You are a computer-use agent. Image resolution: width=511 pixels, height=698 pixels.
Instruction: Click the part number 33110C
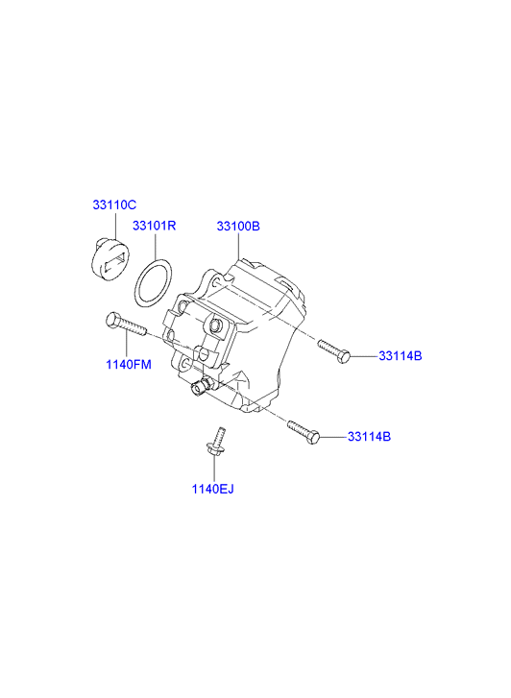114,205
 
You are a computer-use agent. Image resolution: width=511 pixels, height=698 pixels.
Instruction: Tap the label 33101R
154,226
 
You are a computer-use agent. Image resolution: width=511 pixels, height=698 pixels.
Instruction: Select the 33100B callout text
238,227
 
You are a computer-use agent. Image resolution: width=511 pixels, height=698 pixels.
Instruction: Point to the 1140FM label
129,365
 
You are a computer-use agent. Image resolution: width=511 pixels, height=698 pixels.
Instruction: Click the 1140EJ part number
212,489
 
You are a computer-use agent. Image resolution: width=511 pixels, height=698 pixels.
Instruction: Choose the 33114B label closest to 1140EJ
370,437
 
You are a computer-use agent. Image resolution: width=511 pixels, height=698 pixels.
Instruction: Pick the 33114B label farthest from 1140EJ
401,356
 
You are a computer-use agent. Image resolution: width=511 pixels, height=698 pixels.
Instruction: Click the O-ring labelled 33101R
135,282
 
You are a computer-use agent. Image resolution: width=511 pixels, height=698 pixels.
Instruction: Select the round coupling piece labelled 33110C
109,259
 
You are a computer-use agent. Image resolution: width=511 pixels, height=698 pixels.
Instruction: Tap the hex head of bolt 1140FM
112,319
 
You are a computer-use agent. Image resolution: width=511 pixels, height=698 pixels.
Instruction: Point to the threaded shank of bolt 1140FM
133,327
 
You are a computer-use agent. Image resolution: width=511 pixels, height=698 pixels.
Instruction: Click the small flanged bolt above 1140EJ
217,442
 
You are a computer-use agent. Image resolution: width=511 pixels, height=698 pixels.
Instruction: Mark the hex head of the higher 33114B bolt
343,356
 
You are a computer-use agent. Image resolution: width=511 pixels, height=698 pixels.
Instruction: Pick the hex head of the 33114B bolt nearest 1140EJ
314,437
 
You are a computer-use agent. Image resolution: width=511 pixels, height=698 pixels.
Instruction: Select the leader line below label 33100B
238,246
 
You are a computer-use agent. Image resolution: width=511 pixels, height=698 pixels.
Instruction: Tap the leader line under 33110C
115,227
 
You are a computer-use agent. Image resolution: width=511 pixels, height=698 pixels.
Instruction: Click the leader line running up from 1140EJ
214,469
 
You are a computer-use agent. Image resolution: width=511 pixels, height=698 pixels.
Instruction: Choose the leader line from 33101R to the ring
156,245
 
